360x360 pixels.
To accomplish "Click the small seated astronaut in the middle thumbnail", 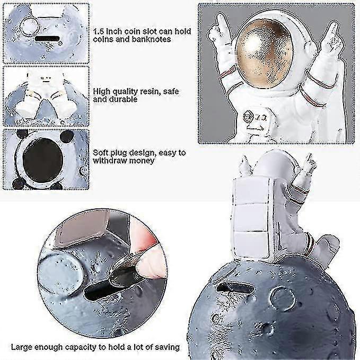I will pos(45,93).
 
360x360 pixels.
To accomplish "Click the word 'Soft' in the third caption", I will pos(101,152).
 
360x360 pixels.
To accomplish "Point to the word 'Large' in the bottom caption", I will pos(22,347).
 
